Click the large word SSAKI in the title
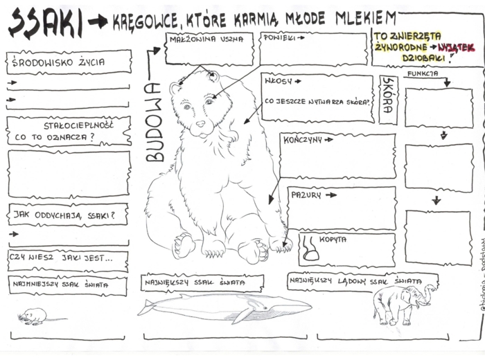[x=45, y=24]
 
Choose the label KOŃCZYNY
[x=303, y=140]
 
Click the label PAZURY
[x=306, y=195]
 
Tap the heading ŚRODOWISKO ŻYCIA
[x=59, y=62]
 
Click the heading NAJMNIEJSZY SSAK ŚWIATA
[x=59, y=285]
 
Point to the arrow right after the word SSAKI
[x=98, y=23]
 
